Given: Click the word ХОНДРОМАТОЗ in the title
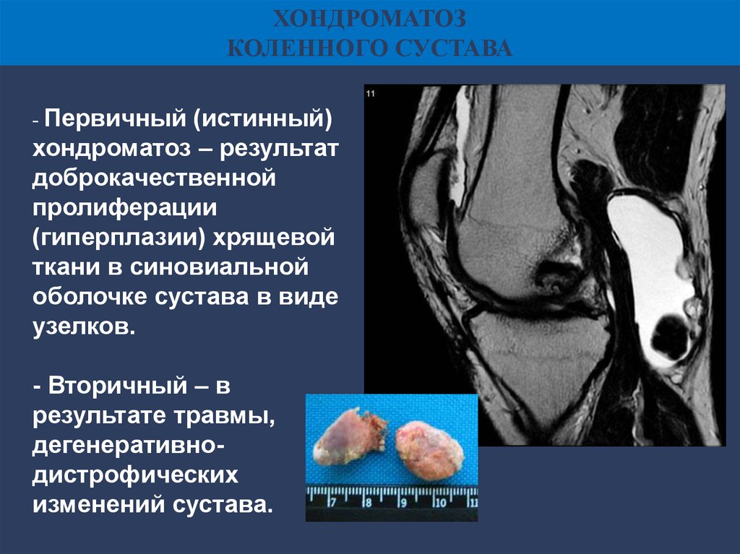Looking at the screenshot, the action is point(369,20).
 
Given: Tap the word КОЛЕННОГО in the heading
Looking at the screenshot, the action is point(307,48).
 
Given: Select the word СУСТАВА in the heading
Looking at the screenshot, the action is point(454,48).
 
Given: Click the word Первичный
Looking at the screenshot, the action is point(115,118).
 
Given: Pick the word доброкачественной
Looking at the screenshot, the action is point(154,178).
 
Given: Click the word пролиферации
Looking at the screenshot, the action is point(124,208).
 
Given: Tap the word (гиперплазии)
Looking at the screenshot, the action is point(119,238).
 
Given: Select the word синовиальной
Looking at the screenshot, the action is point(220,267).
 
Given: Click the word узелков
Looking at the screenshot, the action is point(84,326).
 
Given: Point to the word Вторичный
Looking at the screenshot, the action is point(118,386).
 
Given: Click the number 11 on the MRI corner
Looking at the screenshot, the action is point(371,94).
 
